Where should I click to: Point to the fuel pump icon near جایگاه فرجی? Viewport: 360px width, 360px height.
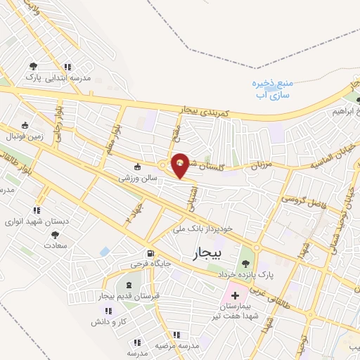coord(149,254)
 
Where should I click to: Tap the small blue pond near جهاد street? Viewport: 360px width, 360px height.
coord(105,251)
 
